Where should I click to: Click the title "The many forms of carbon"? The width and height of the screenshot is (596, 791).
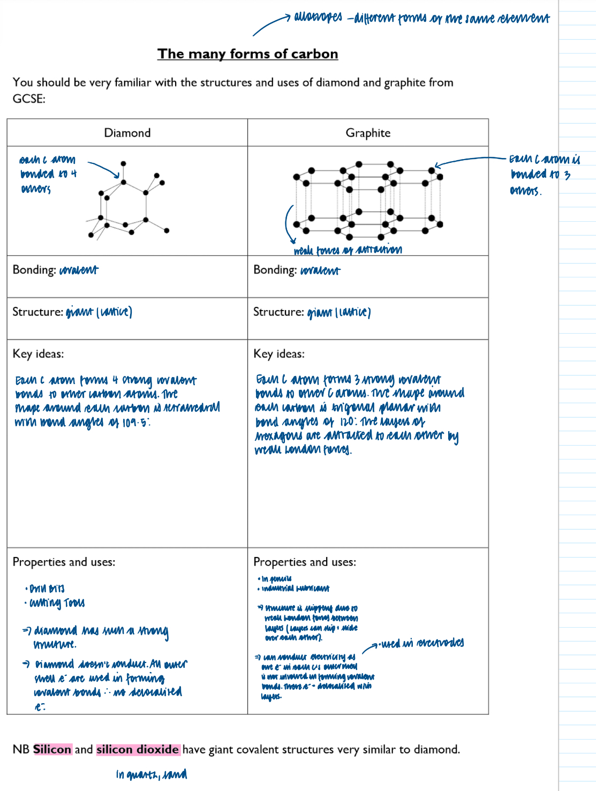coord(247,54)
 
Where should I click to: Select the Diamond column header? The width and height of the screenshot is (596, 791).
coord(127,133)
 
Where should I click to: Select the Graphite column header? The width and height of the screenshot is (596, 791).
coord(368,133)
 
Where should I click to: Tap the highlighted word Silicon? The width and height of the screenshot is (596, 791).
coord(52,749)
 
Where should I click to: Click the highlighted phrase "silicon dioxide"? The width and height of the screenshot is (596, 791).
coord(138,749)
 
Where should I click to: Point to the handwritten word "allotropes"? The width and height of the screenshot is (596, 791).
coord(318,18)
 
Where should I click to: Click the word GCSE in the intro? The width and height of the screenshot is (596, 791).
coord(29,99)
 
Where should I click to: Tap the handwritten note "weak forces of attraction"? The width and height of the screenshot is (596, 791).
coord(348,250)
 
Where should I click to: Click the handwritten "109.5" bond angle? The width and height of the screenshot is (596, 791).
coord(136,423)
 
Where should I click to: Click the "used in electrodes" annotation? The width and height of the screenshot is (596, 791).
coord(422,643)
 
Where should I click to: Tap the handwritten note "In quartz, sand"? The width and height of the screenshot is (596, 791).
coord(152,774)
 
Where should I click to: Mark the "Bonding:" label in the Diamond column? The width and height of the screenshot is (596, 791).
coord(34,269)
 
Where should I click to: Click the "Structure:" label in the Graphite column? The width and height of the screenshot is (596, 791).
coord(278,312)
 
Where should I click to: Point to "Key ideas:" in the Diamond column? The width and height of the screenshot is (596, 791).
coord(38,353)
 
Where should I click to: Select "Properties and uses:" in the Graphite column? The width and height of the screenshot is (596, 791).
coord(305,562)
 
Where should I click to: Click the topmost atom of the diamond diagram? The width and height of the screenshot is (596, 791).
coord(123,163)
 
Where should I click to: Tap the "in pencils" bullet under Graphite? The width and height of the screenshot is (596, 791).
coord(276,578)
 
